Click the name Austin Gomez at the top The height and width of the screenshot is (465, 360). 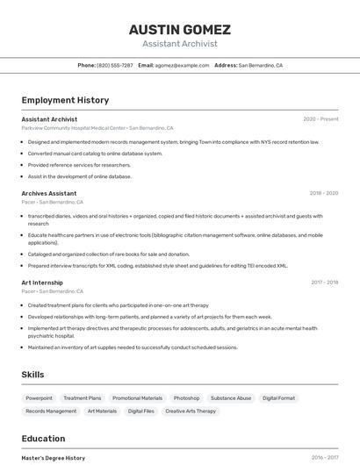click(x=180, y=29)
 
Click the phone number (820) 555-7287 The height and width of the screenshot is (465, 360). click(x=115, y=65)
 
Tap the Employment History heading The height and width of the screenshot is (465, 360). click(x=65, y=100)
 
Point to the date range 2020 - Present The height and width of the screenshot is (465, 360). click(x=320, y=118)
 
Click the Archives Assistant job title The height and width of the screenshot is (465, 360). click(x=49, y=193)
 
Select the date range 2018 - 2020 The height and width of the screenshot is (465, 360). click(x=323, y=193)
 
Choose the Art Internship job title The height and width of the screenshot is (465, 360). click(x=42, y=283)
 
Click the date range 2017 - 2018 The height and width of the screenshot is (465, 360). click(x=324, y=283)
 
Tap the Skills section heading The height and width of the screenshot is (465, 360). click(x=32, y=375)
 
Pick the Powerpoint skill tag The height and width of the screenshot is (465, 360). click(x=39, y=397)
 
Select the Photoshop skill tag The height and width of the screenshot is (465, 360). click(x=186, y=397)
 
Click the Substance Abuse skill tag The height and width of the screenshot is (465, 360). click(x=231, y=397)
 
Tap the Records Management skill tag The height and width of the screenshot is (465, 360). click(x=51, y=411)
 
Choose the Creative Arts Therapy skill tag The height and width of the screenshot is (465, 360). click(x=191, y=411)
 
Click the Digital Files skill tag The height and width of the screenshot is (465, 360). click(x=141, y=411)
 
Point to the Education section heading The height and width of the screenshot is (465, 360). click(x=43, y=439)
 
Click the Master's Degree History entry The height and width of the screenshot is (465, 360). click(x=54, y=457)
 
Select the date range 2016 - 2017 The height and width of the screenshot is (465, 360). click(x=324, y=457)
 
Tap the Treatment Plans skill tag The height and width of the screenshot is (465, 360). click(x=83, y=397)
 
